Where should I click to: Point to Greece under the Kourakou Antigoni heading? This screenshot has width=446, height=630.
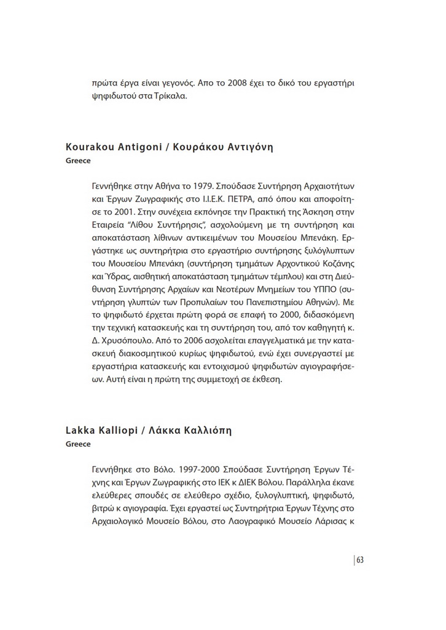click(x=78, y=161)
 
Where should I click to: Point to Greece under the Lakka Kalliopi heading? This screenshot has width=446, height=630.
click(x=78, y=444)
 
